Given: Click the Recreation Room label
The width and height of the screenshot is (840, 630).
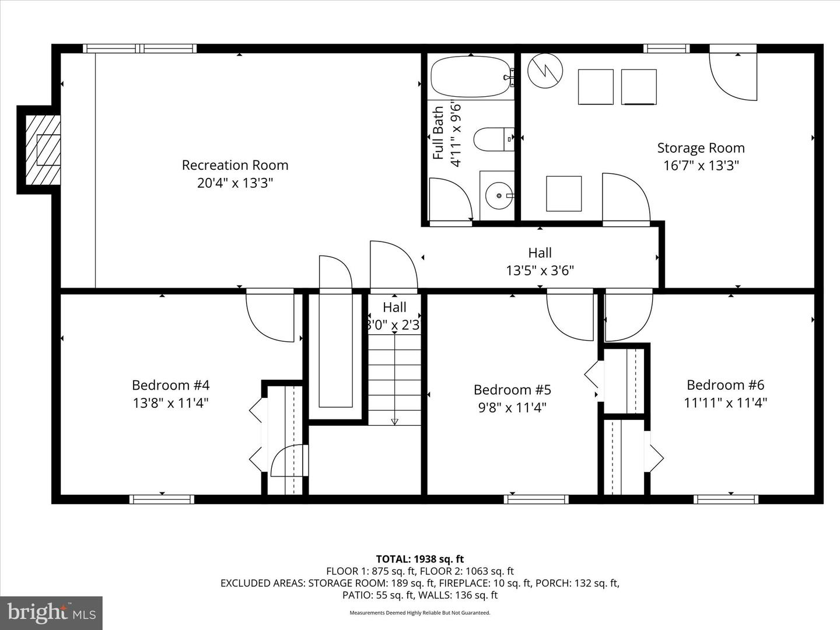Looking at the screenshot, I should coord(235,165).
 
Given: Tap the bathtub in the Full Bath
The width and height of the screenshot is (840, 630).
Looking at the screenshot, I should coord(470,77).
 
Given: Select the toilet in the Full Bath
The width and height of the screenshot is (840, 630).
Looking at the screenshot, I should coord(492,139).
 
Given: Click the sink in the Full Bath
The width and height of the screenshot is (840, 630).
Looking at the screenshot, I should coord(498,195).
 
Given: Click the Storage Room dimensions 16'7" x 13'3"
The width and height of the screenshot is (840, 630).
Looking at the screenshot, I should coord(701,166).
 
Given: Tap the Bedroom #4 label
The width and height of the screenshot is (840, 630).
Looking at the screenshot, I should coord(170,385).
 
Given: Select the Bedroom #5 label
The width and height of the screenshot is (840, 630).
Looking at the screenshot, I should coord(512,390).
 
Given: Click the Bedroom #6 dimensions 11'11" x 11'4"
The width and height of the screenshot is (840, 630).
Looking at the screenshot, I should coord(725,402).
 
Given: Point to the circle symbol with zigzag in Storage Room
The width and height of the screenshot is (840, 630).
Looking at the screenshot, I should coord(545,71).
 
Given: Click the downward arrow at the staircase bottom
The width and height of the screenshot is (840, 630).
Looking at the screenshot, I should coord(394,421).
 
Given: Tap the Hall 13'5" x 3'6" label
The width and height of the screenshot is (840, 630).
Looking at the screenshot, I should coord(540,261).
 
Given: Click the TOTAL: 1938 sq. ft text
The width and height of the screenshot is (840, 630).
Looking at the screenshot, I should coord(419,559).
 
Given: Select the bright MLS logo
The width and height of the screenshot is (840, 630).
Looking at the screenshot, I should coord(51,612).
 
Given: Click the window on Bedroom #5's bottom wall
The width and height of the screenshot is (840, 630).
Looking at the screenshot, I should coord(536,499).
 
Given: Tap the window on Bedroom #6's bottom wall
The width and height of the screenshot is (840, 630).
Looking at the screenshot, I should coord(726,499).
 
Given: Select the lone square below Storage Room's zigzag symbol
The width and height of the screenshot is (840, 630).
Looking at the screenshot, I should coord(563,194).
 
